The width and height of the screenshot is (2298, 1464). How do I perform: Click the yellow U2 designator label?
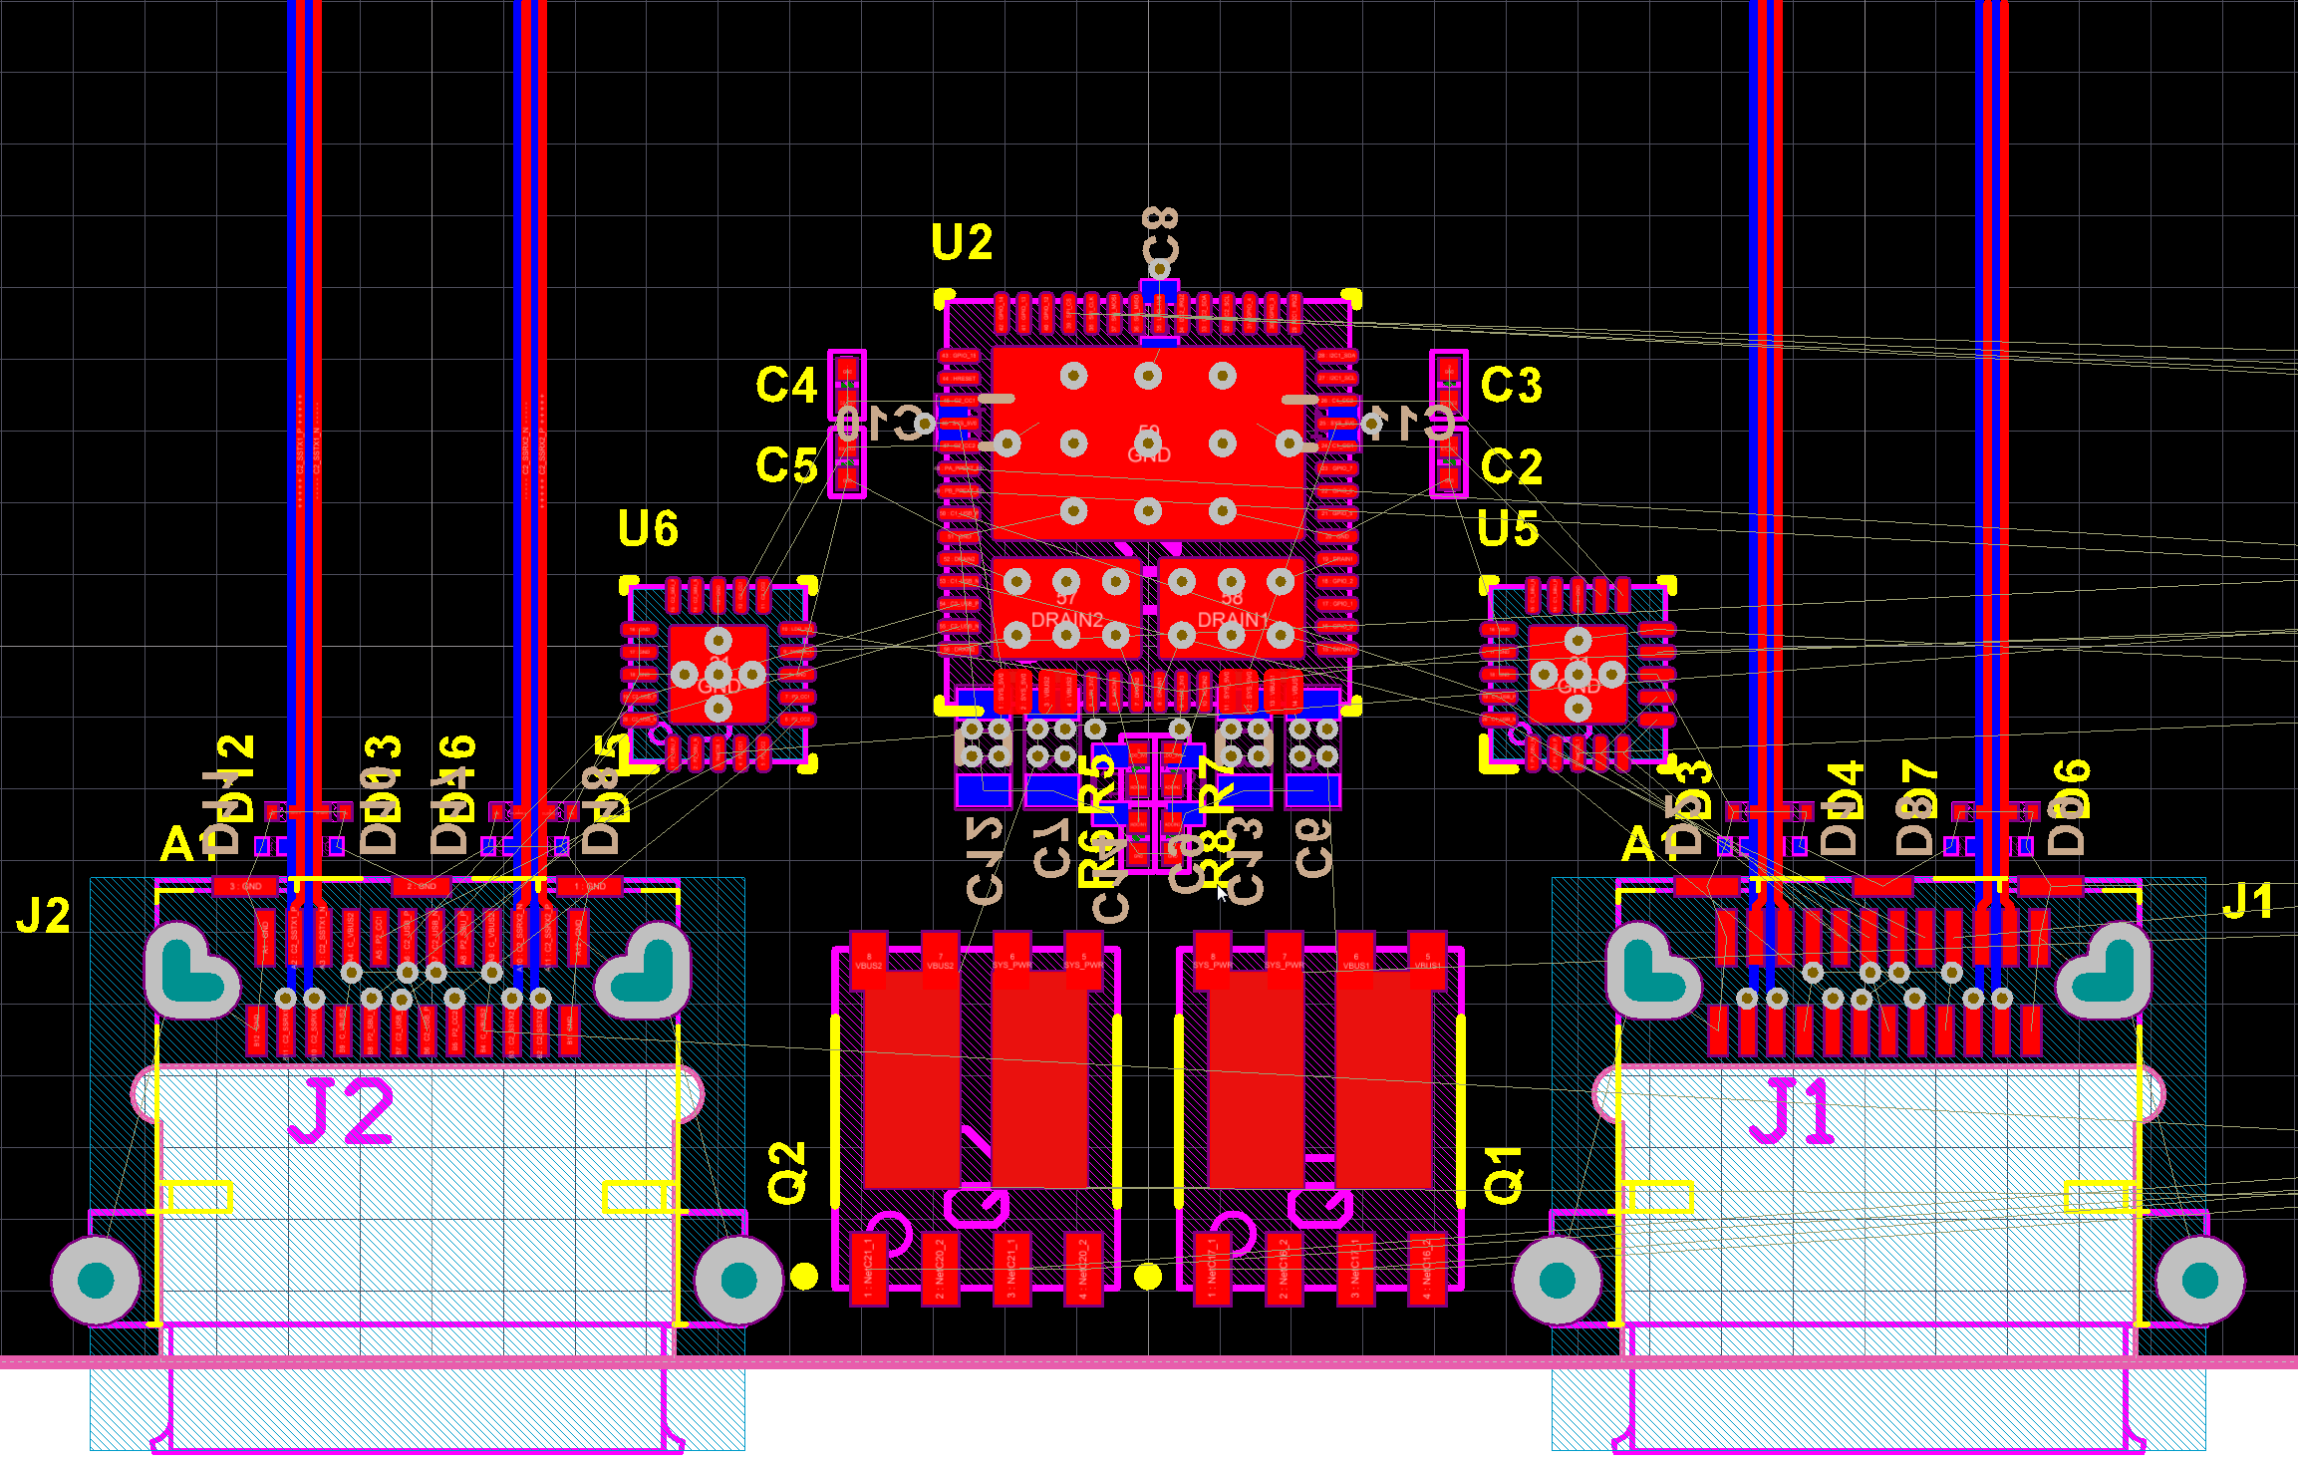point(962,242)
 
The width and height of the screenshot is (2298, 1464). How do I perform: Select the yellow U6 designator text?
point(648,528)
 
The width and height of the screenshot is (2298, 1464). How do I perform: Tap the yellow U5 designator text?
point(1508,528)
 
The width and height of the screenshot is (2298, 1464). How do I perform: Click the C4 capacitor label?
point(786,385)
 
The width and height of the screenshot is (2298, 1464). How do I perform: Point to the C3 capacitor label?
point(1511,385)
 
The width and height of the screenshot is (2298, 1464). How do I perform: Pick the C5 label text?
point(786,465)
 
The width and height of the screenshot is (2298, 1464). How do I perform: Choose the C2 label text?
point(1511,465)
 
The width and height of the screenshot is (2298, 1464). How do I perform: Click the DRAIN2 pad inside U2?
point(1065,608)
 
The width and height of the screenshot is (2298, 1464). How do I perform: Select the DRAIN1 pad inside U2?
point(1232,608)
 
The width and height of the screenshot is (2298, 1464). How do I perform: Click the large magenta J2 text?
point(342,1110)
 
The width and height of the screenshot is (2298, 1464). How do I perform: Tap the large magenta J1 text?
point(1793,1110)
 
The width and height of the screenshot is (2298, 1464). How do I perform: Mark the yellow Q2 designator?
point(786,1173)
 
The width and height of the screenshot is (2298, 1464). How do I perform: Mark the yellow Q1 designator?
point(1504,1175)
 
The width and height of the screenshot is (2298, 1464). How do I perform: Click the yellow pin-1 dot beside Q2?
point(804,1276)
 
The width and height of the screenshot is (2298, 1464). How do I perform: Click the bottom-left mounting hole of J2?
point(96,1281)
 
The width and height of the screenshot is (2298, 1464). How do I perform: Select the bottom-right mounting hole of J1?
point(2200,1281)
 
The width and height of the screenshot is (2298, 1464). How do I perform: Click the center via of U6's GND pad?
point(718,675)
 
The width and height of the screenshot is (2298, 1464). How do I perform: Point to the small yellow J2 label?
point(44,916)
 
